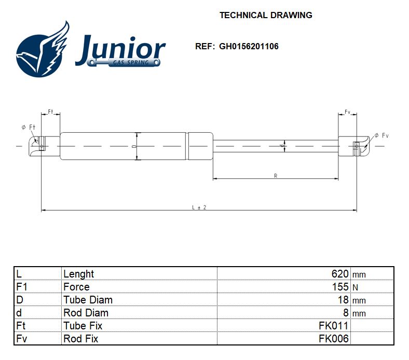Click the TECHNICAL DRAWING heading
[x=265, y=15]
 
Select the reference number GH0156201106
[x=249, y=46]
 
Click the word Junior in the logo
[x=120, y=49]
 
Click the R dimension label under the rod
[x=276, y=176]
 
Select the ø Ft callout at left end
[x=28, y=127]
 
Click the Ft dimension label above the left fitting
[x=51, y=112]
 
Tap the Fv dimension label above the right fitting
[x=348, y=112]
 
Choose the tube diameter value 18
[x=343, y=300]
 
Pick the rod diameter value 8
[x=346, y=313]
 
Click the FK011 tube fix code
[x=334, y=326]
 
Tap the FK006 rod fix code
[x=334, y=339]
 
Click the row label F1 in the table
[x=23, y=287]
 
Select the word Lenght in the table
[x=78, y=274]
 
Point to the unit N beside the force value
[x=356, y=287]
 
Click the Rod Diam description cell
[x=86, y=313]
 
